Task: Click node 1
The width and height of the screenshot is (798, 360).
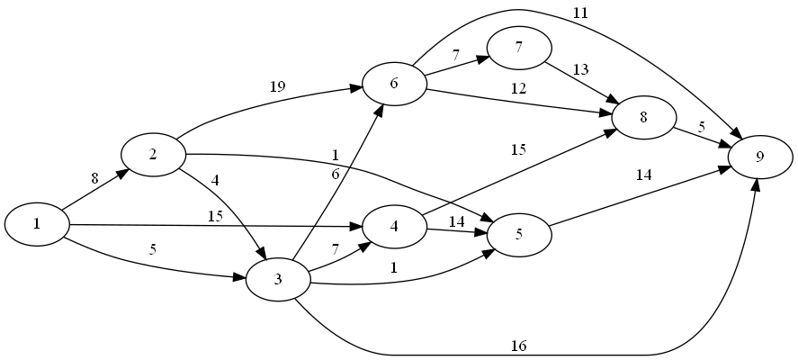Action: click(x=37, y=224)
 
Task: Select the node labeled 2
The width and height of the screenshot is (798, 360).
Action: click(x=153, y=154)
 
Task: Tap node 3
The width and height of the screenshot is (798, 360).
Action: click(x=278, y=280)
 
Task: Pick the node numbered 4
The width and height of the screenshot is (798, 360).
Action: click(x=394, y=225)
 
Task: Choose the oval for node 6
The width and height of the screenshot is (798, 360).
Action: click(x=394, y=84)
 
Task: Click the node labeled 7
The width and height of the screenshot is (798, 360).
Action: click(x=519, y=49)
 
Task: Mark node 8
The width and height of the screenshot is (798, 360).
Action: click(x=644, y=118)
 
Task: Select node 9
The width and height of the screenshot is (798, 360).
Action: click(x=760, y=157)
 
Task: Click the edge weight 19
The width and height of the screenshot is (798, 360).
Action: click(x=277, y=87)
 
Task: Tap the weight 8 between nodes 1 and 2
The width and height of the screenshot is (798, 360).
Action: click(x=94, y=178)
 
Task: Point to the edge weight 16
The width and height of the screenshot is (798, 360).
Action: click(x=518, y=346)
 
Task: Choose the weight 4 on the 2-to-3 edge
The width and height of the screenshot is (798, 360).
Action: click(x=214, y=180)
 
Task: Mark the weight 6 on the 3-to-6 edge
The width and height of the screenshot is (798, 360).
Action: click(x=336, y=175)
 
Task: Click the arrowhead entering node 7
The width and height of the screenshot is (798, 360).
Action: click(x=484, y=58)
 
